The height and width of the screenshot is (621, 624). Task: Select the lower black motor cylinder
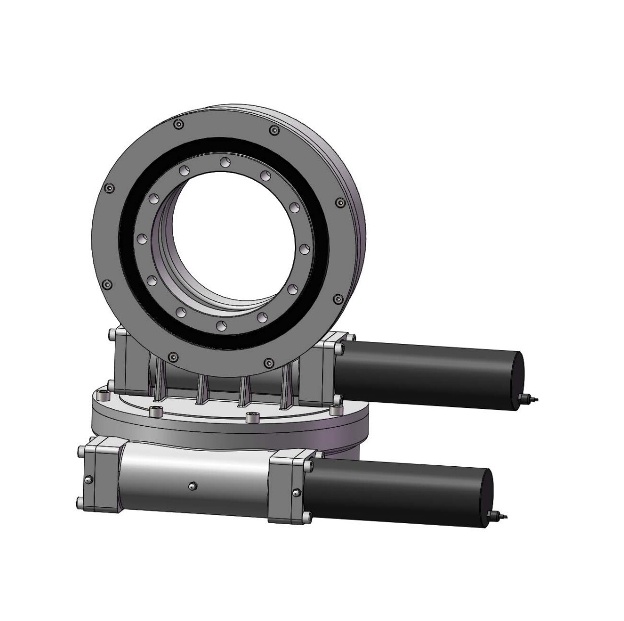pos(396,490)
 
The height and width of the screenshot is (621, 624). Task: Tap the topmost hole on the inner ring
pos(223,162)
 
